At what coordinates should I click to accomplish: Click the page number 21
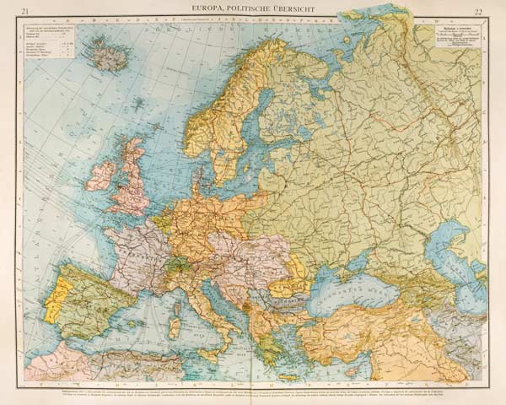click(27, 10)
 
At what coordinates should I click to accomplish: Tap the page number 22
click(478, 10)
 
